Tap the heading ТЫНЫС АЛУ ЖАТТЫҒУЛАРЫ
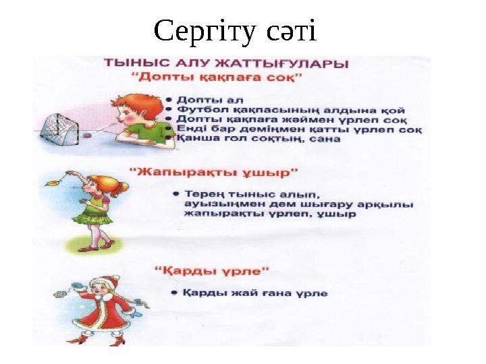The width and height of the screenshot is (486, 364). (x=226, y=63)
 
